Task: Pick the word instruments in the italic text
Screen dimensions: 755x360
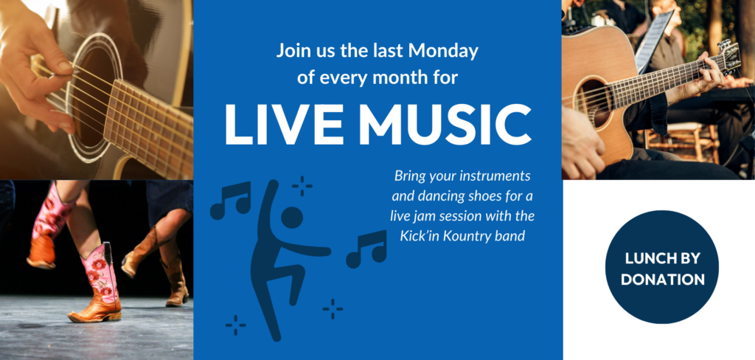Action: pos(496,176)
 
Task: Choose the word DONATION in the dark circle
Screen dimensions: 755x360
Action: pos(663,280)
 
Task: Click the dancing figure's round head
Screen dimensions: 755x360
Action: pos(292,218)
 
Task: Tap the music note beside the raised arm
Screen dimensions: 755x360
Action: pos(231,200)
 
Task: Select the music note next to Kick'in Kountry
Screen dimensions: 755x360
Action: pos(366,249)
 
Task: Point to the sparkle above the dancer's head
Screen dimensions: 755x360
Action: pos(302,186)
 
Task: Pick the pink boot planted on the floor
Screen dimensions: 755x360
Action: pos(97,283)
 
